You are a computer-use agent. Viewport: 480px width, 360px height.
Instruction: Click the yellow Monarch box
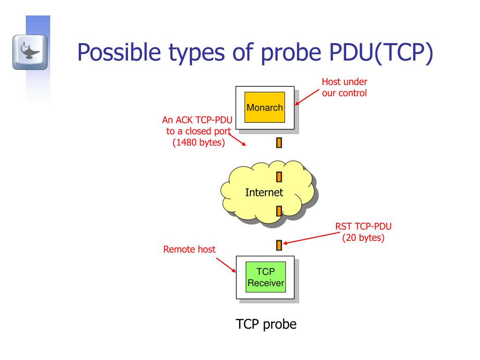click(265, 107)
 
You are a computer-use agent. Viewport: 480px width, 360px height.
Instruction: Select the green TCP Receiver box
click(265, 277)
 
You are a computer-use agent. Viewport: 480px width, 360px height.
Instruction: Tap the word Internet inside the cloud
click(264, 192)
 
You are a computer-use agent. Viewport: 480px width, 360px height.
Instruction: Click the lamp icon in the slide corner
click(30, 52)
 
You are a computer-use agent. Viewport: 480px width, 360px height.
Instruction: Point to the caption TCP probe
click(266, 324)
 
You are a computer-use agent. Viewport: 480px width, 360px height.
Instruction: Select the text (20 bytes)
click(363, 238)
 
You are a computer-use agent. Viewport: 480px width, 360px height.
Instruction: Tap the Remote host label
click(189, 249)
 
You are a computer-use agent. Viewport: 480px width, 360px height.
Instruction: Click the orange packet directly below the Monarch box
click(279, 142)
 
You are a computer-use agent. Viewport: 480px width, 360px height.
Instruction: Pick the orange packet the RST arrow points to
click(279, 245)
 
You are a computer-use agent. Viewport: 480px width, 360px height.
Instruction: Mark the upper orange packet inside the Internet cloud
click(279, 177)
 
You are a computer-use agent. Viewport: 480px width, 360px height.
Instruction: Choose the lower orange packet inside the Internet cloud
click(279, 211)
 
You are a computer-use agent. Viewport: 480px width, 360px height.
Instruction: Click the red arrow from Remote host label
click(226, 264)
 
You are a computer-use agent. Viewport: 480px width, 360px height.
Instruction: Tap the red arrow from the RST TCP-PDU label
click(309, 238)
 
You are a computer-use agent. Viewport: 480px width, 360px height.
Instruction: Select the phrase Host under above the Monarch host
click(344, 82)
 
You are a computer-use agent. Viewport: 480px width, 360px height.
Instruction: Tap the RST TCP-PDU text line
click(363, 227)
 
